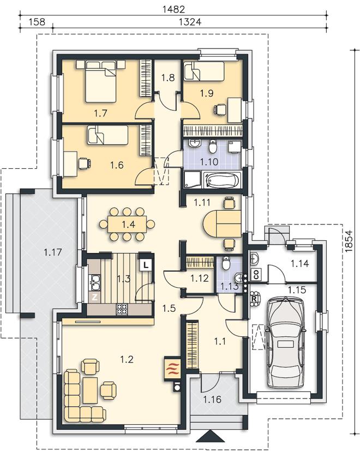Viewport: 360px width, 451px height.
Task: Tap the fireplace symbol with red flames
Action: click(x=172, y=369)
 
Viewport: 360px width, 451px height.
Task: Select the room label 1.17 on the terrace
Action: click(x=53, y=252)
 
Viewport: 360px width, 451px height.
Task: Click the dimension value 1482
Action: click(x=173, y=9)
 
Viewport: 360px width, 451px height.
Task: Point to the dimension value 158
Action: click(x=37, y=22)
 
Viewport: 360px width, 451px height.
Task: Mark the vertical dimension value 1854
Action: click(x=348, y=241)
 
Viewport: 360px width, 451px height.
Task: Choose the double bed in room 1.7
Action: click(x=100, y=81)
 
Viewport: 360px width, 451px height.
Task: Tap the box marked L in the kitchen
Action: click(x=146, y=265)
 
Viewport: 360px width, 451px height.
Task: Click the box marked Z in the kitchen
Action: click(x=94, y=298)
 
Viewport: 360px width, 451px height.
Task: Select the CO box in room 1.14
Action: click(x=256, y=275)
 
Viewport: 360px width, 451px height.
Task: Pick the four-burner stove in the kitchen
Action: click(x=122, y=309)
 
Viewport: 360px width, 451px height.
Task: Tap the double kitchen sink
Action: click(x=94, y=282)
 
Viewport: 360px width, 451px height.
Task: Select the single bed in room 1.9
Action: click(x=204, y=72)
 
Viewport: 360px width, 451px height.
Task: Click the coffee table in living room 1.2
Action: click(x=90, y=390)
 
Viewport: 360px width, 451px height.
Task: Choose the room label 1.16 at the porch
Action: click(x=212, y=399)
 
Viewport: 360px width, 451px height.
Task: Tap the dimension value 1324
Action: click(x=190, y=22)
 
